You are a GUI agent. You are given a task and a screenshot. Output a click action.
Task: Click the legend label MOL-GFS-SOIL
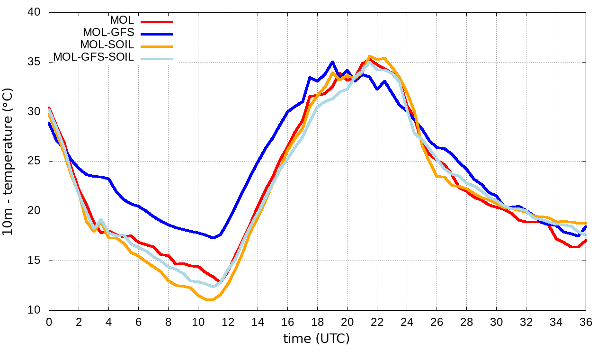click(x=94, y=57)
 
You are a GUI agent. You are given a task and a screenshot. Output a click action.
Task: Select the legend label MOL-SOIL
click(x=107, y=45)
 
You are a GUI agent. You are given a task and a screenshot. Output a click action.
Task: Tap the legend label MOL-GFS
click(x=108, y=33)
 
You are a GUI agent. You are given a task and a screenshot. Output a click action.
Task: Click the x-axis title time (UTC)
click(x=316, y=339)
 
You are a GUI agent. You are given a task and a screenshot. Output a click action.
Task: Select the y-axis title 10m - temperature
click(x=9, y=161)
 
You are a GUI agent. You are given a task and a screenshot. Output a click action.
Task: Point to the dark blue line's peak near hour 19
click(x=332, y=62)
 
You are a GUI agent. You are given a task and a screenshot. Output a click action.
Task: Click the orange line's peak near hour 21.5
click(x=370, y=56)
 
